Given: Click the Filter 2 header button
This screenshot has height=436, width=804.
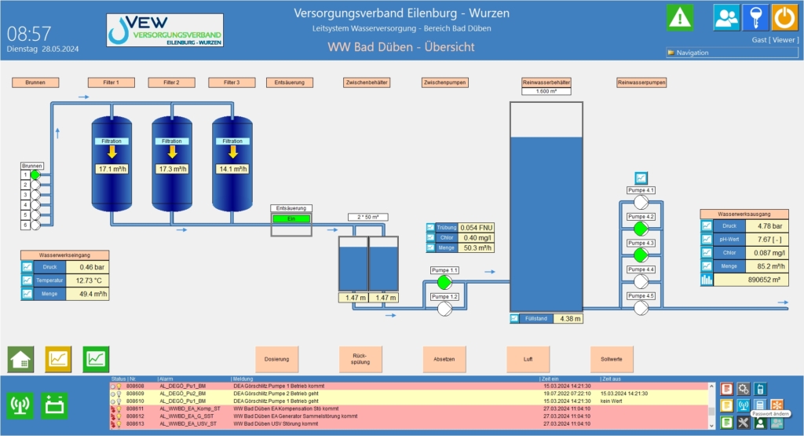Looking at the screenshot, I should coord(171,82).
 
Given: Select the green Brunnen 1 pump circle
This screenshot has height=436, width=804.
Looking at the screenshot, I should coord(35,174).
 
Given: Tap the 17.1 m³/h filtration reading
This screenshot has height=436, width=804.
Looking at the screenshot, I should coord(111,169).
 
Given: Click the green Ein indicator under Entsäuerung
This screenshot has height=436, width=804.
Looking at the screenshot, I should coord(291,218).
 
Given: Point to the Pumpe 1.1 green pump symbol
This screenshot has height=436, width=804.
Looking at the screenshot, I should coord(444,282).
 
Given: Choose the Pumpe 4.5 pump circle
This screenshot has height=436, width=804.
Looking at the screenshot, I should coord(641,307).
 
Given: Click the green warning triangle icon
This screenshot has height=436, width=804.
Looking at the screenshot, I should coord(680,17).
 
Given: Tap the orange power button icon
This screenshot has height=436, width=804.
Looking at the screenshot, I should coord(784,17).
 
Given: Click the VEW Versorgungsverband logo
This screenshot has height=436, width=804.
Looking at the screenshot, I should coord(165,30).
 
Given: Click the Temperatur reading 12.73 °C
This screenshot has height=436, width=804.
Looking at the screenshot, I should coord(84,280).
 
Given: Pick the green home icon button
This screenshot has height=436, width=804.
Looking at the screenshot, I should coord(20,359).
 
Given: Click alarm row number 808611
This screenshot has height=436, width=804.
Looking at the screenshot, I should coord(135,409).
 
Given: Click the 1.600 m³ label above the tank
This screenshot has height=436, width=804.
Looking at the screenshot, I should coord(546,91).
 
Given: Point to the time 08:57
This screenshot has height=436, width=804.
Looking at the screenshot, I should coord(29,33).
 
